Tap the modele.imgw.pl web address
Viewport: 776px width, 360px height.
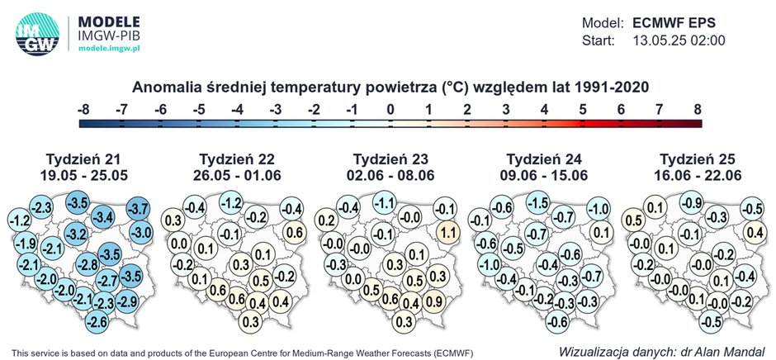[109, 49]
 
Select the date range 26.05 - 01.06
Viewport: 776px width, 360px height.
[234, 174]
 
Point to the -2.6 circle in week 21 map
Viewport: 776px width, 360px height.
[97, 321]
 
